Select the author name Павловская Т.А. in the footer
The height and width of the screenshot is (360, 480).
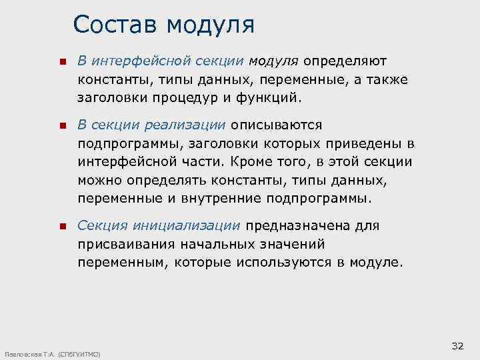coord(29,354)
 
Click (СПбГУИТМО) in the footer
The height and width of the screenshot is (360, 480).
coord(80,354)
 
